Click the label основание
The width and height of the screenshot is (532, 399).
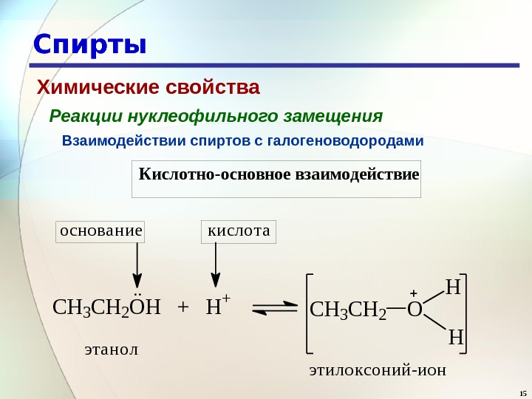click(100, 231)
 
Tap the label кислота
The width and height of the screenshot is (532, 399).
click(239, 231)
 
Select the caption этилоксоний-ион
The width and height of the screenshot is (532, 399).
click(378, 369)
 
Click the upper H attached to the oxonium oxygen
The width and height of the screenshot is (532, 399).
click(453, 287)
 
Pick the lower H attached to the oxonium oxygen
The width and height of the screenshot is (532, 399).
click(455, 338)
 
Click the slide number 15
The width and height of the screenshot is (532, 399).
click(522, 392)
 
